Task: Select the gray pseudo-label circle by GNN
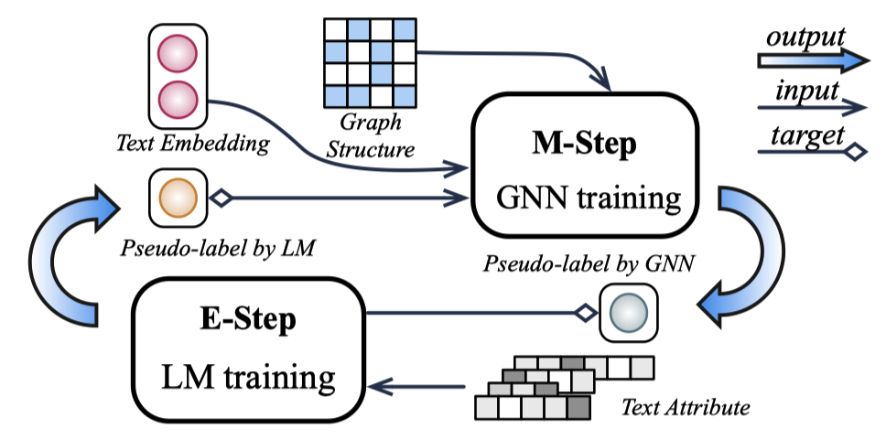click(629, 314)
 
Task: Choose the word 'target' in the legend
click(804, 136)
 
